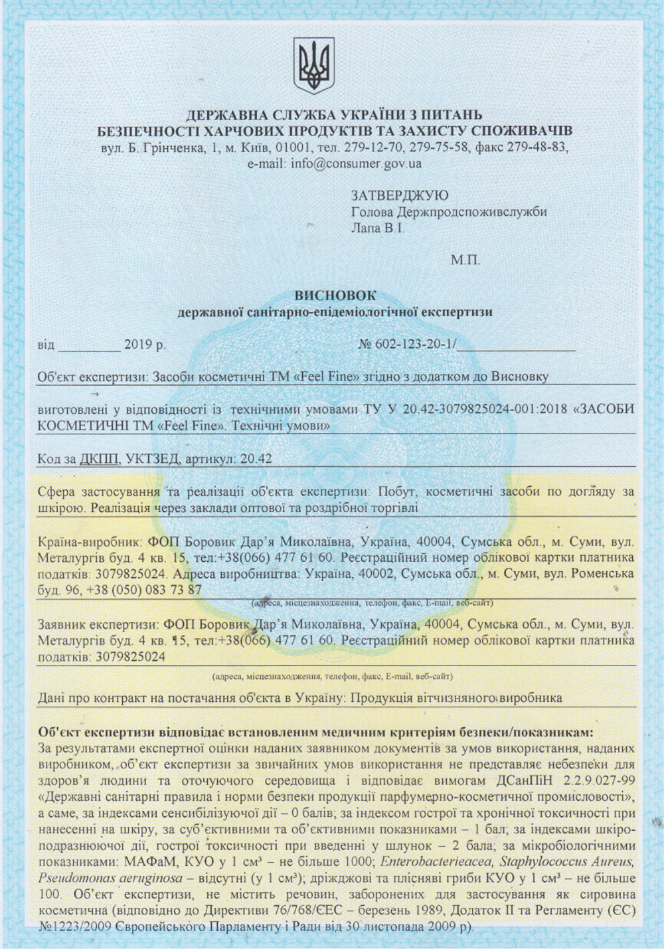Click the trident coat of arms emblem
click(x=313, y=64)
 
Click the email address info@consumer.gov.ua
click(x=356, y=163)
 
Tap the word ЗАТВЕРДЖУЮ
click(x=399, y=196)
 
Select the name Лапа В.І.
click(x=377, y=228)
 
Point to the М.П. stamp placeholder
click(x=465, y=260)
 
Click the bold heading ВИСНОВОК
click(x=335, y=295)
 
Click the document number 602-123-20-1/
click(x=416, y=345)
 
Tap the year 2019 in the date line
click(x=138, y=345)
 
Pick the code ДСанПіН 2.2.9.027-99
click(x=564, y=780)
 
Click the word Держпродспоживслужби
click(x=471, y=213)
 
